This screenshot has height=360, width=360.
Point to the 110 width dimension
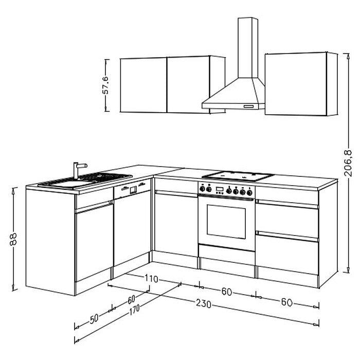pyautogui.click(x=151, y=279)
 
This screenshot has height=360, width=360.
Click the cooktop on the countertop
pyautogui.click(x=238, y=175)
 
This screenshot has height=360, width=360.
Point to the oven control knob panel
pyautogui.click(x=227, y=190)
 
